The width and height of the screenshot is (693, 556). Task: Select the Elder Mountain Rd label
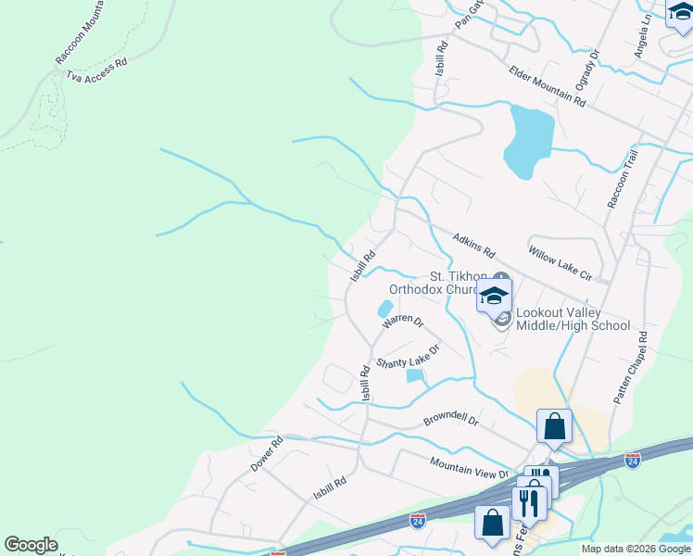(547, 87)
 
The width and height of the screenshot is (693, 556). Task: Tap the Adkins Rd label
(474, 246)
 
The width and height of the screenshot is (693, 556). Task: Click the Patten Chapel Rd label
(630, 367)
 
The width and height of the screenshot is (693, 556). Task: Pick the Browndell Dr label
(450, 420)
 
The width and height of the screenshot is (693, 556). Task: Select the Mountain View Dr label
(470, 468)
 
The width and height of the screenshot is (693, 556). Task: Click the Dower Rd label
(265, 454)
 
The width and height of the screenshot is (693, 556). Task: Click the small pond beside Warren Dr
(384, 309)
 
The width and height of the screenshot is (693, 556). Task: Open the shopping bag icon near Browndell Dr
(555, 427)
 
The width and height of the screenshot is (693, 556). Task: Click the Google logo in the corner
(31, 545)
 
